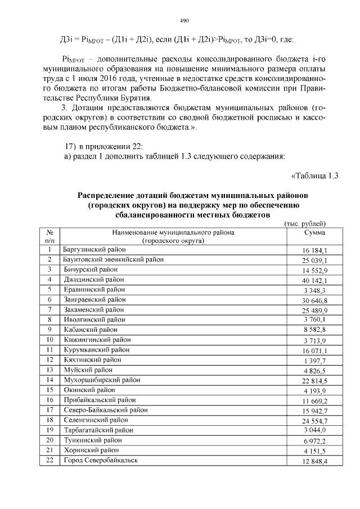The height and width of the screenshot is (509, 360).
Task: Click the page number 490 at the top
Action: (x=183, y=20)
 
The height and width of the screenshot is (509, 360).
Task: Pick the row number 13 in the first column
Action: (x=49, y=370)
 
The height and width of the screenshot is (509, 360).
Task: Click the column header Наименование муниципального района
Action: (x=172, y=232)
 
